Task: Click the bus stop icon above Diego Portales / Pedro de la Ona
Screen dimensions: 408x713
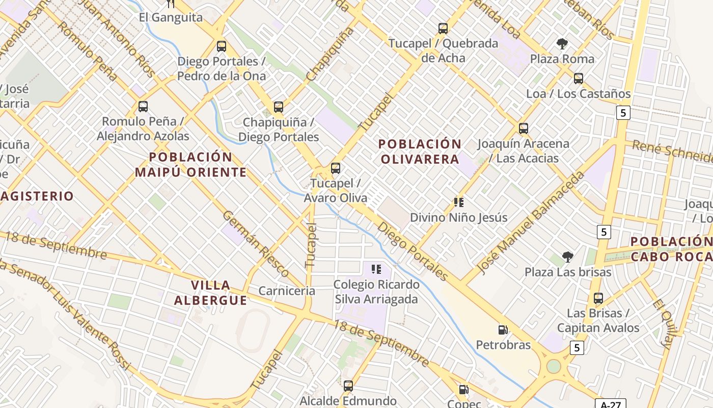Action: coord(221,46)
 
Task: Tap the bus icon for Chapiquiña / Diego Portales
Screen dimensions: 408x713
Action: coord(278,107)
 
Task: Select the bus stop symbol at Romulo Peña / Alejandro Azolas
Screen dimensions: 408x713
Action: coord(143,107)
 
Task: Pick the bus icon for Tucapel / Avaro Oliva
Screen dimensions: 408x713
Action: coord(335,168)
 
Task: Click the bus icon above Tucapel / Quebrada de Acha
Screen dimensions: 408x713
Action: coord(443,29)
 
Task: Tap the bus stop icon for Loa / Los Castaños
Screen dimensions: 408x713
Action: coord(578,79)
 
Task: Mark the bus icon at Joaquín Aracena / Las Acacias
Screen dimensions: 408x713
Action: coord(523,129)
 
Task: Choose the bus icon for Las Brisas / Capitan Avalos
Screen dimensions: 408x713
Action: coord(598,298)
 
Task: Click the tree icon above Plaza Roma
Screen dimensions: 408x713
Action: coord(562,44)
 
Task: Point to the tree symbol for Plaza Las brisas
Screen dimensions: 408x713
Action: coord(568,257)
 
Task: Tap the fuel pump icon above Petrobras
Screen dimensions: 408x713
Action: coord(503,330)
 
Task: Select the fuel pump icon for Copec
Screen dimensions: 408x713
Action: coord(463,390)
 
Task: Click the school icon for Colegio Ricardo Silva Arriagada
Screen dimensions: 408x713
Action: coord(376,269)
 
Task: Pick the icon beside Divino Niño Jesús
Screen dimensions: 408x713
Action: coord(458,202)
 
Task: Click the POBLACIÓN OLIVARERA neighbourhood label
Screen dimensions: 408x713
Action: coord(420,151)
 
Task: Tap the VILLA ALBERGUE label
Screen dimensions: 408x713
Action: coord(211,292)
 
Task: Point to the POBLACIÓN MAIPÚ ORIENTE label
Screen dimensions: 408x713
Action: coord(191,164)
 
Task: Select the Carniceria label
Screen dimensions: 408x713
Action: coord(287,291)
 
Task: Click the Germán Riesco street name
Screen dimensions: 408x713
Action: coord(256,244)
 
